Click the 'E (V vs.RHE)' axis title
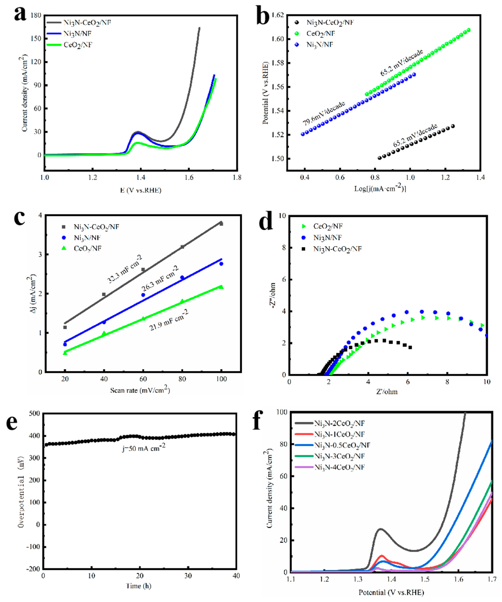pos(141,190)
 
